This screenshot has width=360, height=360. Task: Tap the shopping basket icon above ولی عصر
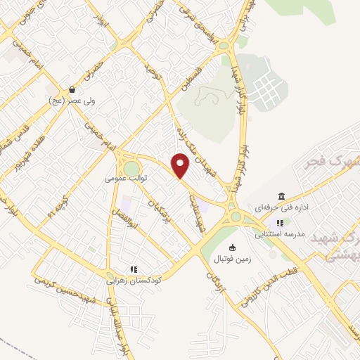[72, 90]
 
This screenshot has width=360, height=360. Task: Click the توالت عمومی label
[125, 179]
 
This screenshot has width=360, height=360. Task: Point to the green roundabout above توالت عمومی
[131, 167]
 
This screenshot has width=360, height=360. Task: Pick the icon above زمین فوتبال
[233, 247]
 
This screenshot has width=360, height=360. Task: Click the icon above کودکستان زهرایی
[133, 269]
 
